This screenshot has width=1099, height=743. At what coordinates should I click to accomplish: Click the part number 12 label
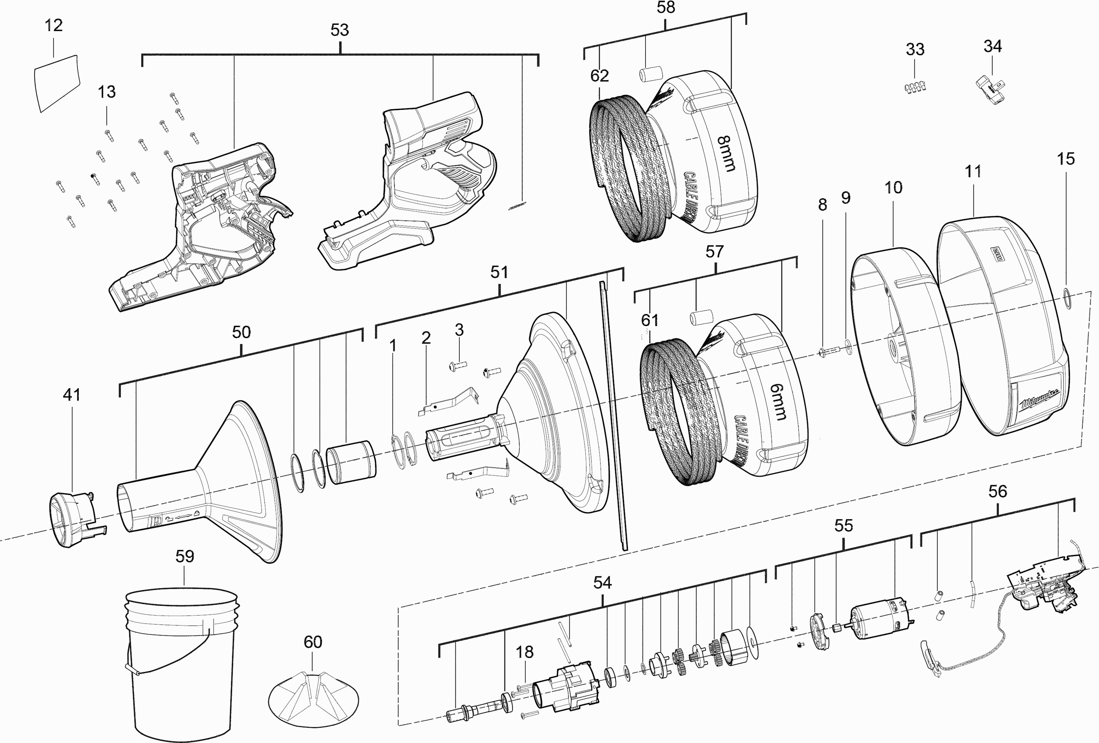coord(53,25)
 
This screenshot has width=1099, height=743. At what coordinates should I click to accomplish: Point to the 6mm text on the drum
coord(777,402)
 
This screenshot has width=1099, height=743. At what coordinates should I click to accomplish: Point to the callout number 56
coord(998,491)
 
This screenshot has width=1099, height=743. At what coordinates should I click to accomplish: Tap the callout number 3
coord(459,330)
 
